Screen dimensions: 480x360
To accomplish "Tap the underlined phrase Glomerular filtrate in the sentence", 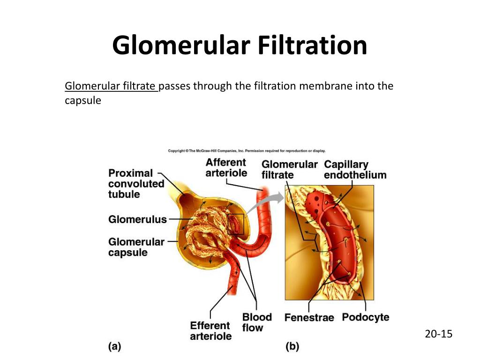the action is click(x=111, y=86).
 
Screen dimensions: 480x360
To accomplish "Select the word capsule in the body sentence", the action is click(x=82, y=100).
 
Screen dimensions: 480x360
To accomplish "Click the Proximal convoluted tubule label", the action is click(x=136, y=183).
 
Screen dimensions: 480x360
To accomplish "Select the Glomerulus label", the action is click(x=137, y=219).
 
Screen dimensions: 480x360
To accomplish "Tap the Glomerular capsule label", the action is click(x=136, y=247).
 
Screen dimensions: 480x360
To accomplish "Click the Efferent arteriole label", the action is click(x=210, y=331).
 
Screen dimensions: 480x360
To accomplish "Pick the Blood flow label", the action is click(x=256, y=322).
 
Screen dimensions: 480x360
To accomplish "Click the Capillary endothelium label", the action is click(x=355, y=170).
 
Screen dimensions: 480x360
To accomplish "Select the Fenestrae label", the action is click(x=309, y=318).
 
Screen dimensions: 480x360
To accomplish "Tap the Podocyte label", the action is click(x=365, y=317).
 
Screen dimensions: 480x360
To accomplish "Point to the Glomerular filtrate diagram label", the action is click(x=289, y=170).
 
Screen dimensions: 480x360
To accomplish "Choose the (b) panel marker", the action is click(x=292, y=347).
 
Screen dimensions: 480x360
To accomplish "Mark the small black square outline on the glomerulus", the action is click(x=236, y=224).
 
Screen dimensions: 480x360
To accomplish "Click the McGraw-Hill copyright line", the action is click(x=247, y=151).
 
